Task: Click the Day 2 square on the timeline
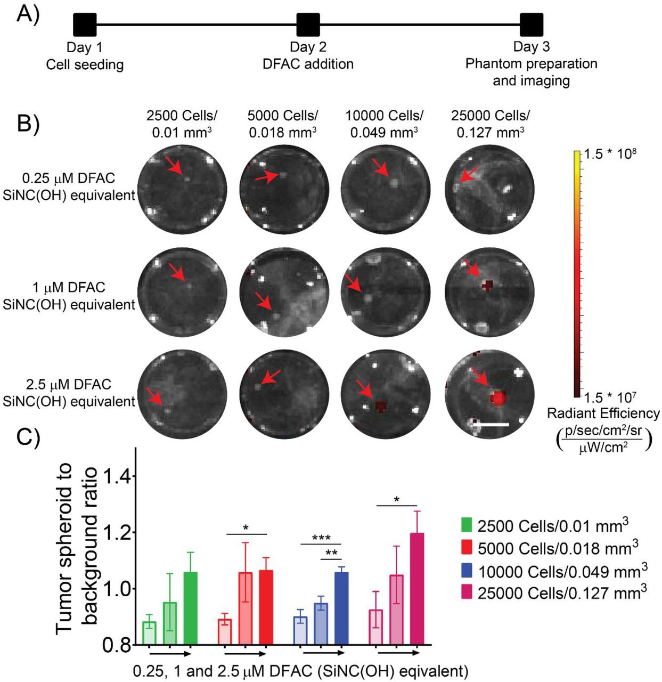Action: pyautogui.click(x=308, y=25)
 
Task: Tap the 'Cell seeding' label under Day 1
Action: pyautogui.click(x=85, y=65)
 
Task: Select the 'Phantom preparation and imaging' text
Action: pyautogui.click(x=531, y=72)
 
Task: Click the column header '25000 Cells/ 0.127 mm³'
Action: pyautogui.click(x=490, y=124)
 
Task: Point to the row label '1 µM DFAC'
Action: pyautogui.click(x=69, y=288)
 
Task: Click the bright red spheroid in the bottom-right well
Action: pyautogui.click(x=498, y=397)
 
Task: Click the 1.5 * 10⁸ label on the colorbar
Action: pyautogui.click(x=610, y=155)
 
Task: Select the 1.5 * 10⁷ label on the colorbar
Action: pyautogui.click(x=610, y=397)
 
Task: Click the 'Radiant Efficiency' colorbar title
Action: pyautogui.click(x=603, y=413)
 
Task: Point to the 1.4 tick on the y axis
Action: pyautogui.click(x=119, y=476)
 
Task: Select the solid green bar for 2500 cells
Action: pyautogui.click(x=190, y=608)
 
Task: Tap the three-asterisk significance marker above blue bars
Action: pyautogui.click(x=321, y=538)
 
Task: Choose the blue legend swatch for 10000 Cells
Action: pyautogui.click(x=467, y=571)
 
